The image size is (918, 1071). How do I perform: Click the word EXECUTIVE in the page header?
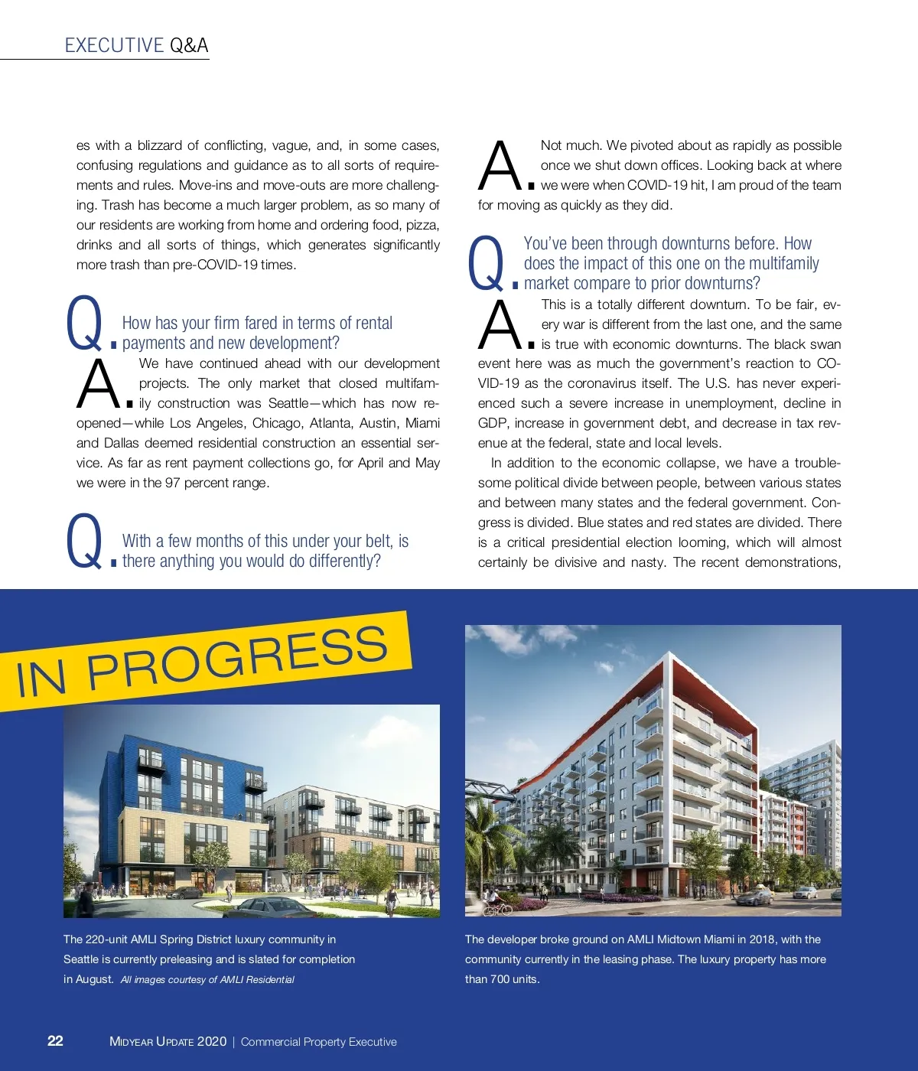click(114, 45)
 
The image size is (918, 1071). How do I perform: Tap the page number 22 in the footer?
click(55, 1040)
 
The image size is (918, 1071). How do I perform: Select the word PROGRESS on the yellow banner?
click(237, 657)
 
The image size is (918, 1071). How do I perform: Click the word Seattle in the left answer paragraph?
click(288, 403)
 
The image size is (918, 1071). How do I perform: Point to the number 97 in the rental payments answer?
click(172, 483)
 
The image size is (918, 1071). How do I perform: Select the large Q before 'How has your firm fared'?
click(84, 323)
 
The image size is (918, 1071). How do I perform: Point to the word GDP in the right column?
click(493, 423)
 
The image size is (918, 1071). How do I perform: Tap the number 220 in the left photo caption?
click(96, 939)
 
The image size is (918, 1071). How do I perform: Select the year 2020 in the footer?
click(212, 1041)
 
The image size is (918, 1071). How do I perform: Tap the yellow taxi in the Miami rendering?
click(754, 897)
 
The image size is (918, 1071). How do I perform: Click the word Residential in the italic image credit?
click(270, 979)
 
